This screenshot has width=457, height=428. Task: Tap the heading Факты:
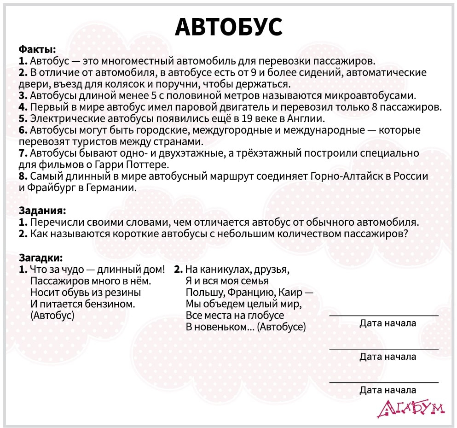[37, 49]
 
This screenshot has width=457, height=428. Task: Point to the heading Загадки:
[40, 257]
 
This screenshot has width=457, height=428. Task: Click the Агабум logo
[411, 408]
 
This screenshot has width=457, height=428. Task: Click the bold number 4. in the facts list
[23, 107]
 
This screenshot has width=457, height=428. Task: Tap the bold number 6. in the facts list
[23, 130]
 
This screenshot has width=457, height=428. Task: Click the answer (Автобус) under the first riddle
[52, 316]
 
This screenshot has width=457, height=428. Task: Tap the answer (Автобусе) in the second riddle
[281, 327]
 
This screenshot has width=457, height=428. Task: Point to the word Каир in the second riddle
[290, 293]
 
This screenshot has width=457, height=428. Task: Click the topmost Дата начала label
[388, 323]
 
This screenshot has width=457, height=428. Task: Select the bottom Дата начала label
[388, 391]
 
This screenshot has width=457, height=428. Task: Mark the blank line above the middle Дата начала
[384, 349]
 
